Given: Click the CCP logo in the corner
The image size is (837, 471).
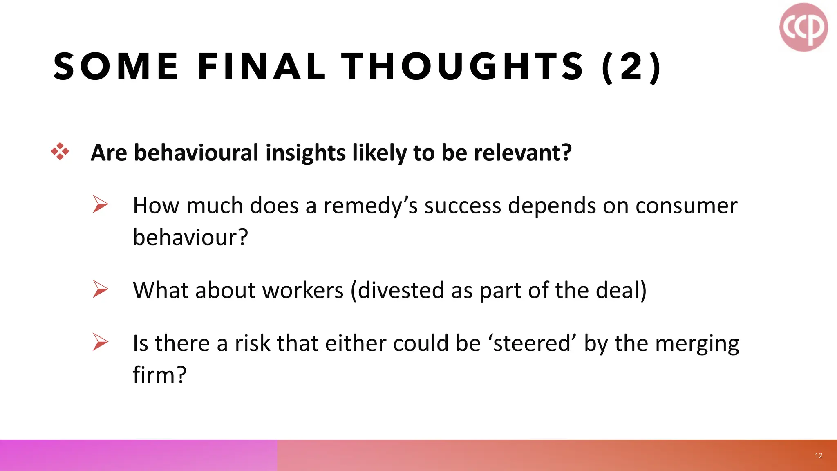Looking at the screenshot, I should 803,27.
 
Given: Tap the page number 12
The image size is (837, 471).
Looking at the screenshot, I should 819,456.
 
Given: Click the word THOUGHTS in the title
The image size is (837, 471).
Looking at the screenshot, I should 462,67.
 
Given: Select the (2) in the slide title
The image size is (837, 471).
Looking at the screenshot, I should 631,67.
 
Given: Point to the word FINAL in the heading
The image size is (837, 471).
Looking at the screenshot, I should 261,67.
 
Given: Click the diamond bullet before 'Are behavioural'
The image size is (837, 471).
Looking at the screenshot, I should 60,152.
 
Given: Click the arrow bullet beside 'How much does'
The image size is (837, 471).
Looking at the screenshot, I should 100,204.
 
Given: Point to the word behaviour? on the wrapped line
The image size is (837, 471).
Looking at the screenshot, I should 190,237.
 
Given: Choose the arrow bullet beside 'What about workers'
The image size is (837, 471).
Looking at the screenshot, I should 100,289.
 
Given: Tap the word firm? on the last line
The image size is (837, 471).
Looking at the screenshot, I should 159,375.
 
